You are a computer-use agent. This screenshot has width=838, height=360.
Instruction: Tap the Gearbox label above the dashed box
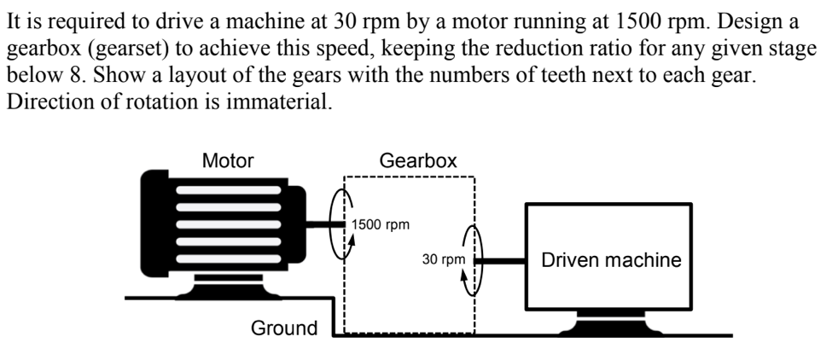point(417,160)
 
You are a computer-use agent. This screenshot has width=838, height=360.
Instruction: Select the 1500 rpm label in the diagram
point(381,225)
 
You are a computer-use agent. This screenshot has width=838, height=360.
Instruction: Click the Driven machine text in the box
point(611,260)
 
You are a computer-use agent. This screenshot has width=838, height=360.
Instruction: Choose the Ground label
point(284,328)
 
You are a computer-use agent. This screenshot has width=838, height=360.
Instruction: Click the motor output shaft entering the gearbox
point(325,225)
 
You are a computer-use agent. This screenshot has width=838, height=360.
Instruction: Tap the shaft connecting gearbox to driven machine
point(502,259)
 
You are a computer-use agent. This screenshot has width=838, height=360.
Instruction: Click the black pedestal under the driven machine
point(610,323)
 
